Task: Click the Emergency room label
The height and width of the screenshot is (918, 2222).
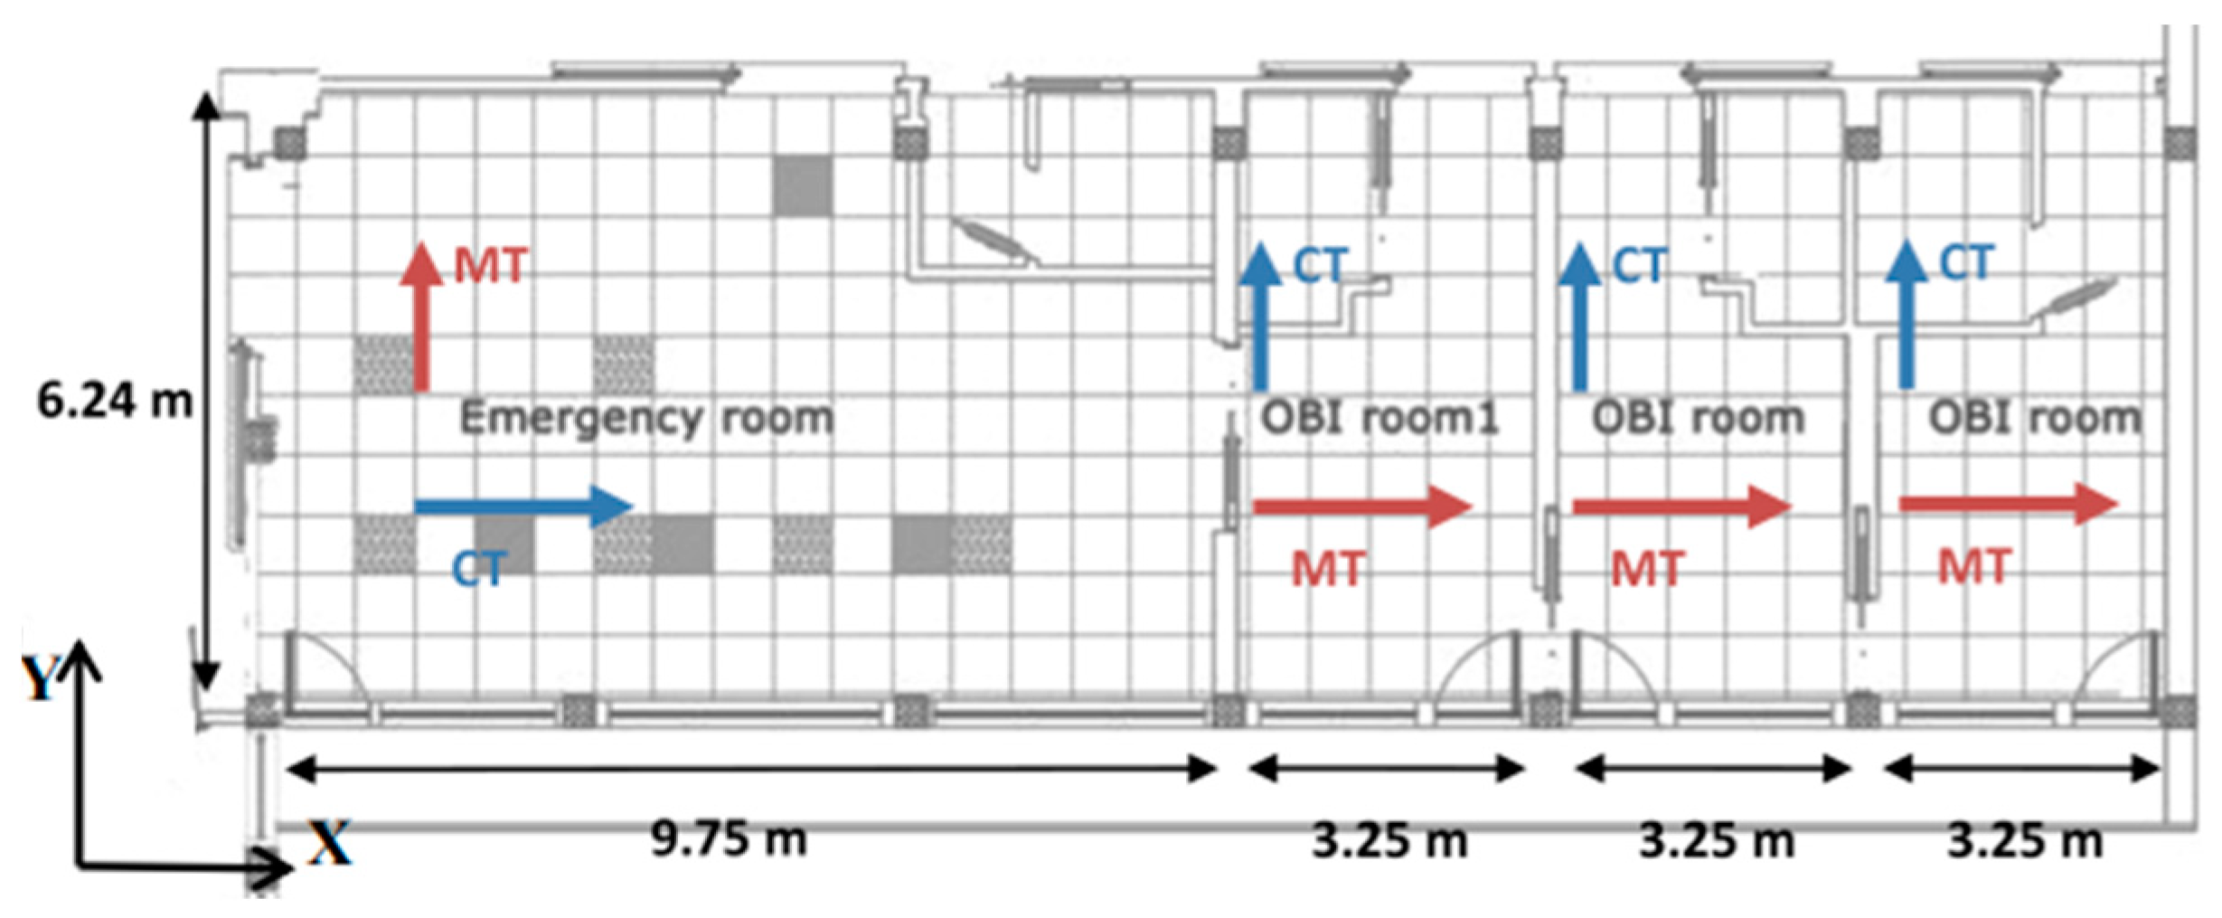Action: (646, 418)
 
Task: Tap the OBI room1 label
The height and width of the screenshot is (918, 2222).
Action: (1379, 418)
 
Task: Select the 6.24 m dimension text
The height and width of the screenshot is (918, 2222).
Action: (114, 400)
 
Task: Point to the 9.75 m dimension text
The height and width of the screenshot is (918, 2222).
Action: (729, 839)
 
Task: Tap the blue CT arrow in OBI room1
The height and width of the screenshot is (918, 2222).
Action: (1260, 317)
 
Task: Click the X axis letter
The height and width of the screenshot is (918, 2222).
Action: (329, 843)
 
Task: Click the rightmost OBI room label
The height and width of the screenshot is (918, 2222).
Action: (2035, 418)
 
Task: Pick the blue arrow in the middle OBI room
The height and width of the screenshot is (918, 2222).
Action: (1580, 317)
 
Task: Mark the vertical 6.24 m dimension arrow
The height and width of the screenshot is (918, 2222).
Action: (207, 389)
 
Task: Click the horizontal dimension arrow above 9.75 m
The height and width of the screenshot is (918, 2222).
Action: (750, 770)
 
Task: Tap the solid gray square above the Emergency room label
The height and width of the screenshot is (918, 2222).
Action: (802, 185)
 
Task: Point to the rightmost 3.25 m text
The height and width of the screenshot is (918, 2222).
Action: (2025, 841)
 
